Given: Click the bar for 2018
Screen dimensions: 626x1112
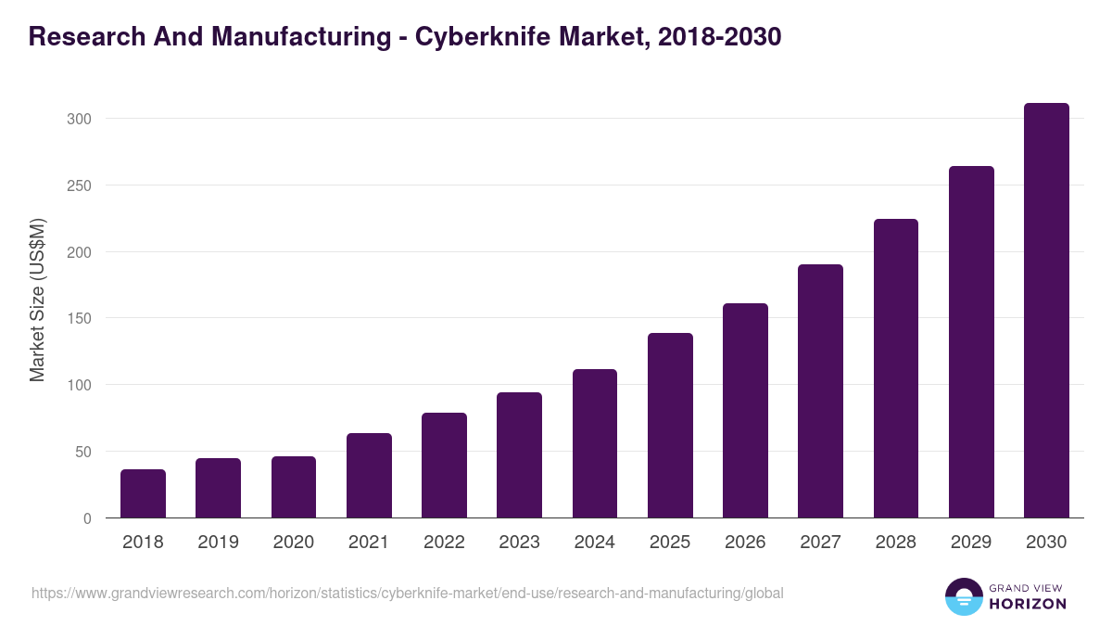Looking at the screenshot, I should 143,493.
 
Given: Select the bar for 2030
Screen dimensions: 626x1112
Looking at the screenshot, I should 1046,311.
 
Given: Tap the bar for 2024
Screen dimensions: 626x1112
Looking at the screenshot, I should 595,443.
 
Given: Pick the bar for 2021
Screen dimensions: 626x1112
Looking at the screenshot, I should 369,476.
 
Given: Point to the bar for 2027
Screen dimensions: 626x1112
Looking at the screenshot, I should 820,391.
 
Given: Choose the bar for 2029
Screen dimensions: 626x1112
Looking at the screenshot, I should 971,342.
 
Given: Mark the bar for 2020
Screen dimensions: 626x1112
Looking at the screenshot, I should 294,487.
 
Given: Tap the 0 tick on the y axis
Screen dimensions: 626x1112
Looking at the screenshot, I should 87,518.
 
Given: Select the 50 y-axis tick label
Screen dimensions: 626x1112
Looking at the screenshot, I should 83,452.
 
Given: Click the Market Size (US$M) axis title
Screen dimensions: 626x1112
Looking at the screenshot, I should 37,300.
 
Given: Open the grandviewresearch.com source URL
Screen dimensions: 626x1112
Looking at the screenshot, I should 408,593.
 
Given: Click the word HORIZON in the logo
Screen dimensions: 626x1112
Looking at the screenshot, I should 1028,604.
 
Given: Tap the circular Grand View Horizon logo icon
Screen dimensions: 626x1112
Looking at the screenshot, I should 964,596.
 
